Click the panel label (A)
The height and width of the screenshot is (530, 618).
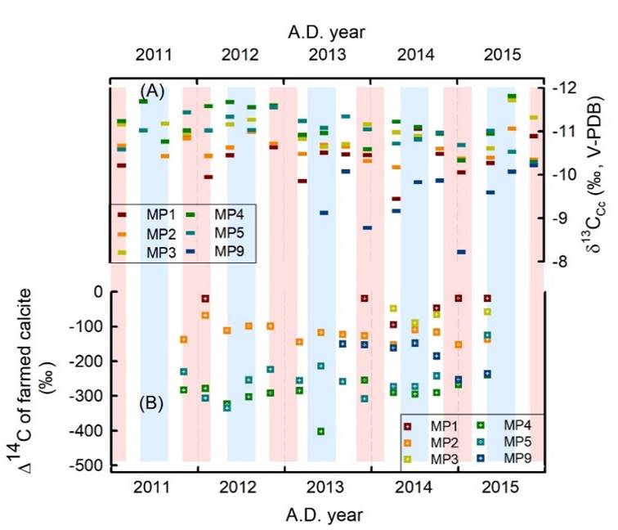click(153, 91)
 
